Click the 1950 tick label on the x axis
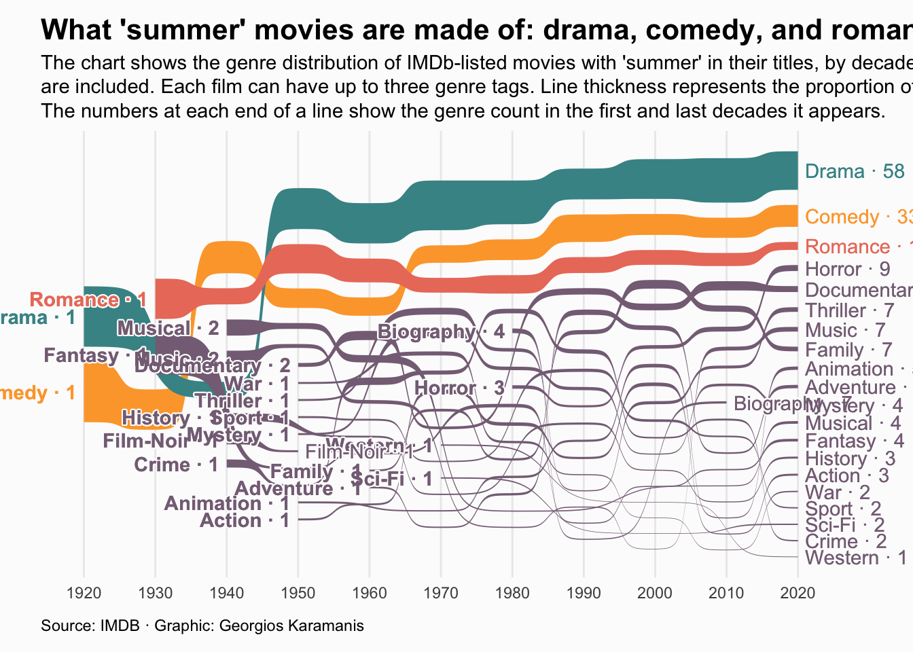pos(298,593)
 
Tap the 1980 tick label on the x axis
pos(512,593)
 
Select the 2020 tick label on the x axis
pos(798,593)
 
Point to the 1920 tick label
pos(84,593)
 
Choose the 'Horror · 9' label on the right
pos(847,269)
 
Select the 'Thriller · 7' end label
pos(849,310)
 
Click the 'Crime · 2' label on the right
pos(846,541)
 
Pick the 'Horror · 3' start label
pos(459,388)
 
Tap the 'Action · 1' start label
pos(245,520)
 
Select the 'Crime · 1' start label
pos(176,465)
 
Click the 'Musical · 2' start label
pos(168,328)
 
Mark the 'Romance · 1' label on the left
pos(88,300)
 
